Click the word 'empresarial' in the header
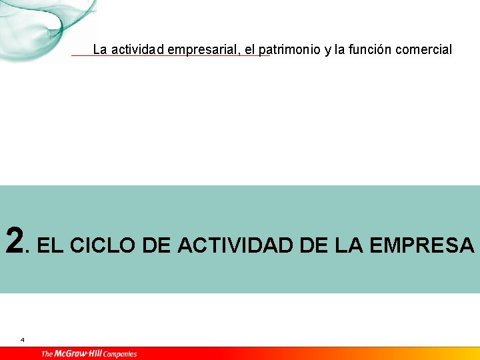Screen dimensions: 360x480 click(201, 50)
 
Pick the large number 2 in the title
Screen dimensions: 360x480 click(15, 241)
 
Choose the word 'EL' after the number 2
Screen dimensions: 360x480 click(51, 245)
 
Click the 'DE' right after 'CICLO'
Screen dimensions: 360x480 click(157, 245)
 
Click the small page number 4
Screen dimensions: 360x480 click(22, 340)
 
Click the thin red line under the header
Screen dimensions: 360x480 click(170, 56)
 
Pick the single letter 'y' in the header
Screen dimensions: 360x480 click(328, 51)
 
